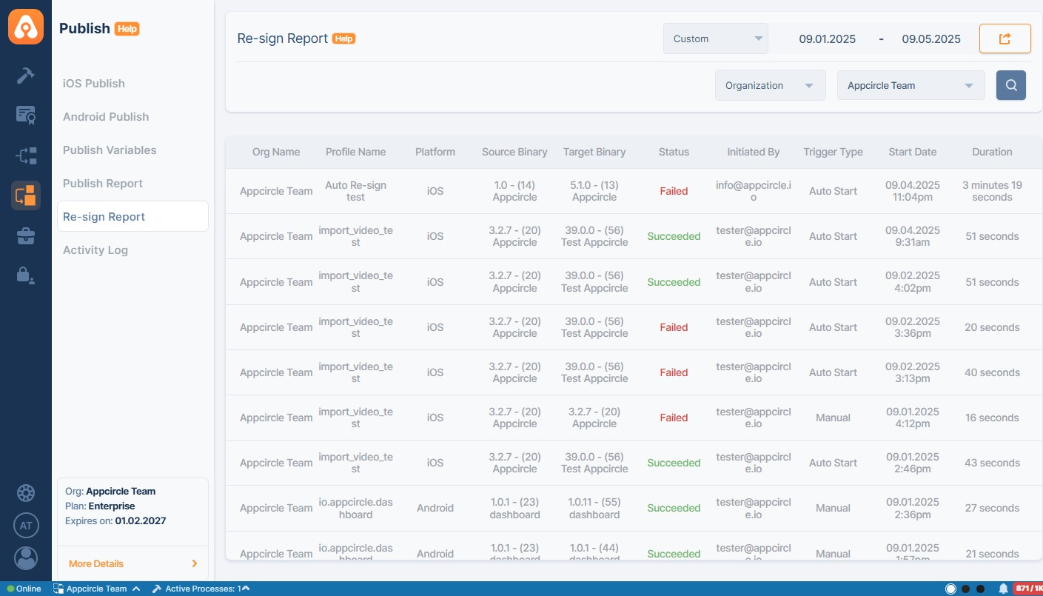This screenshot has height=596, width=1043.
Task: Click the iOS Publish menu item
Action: tap(94, 84)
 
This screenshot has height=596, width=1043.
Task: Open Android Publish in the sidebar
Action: tap(106, 117)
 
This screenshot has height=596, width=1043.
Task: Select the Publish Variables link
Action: tap(110, 150)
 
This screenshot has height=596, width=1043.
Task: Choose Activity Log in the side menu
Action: tap(95, 250)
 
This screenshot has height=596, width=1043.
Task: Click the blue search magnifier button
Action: tap(1010, 85)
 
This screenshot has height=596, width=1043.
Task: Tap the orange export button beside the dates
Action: tap(1005, 39)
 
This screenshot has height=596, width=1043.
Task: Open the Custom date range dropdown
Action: tap(715, 39)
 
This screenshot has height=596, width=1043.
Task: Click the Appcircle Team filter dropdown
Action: tap(910, 85)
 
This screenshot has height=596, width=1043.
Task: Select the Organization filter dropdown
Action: tap(770, 85)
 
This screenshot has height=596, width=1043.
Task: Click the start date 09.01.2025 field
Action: tap(827, 39)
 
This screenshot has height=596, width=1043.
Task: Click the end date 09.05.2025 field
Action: tap(931, 39)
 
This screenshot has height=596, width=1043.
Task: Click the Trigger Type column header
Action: tap(833, 152)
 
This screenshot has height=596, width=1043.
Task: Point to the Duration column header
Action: tap(992, 152)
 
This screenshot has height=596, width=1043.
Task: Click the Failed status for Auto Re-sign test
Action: tap(674, 191)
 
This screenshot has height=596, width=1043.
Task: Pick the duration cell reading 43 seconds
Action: tap(992, 463)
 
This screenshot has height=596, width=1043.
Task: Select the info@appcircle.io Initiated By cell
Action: tap(753, 191)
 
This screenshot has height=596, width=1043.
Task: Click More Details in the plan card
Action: tap(96, 563)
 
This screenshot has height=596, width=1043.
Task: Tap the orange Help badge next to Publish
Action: tap(127, 29)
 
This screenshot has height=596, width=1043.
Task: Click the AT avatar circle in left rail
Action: tap(26, 526)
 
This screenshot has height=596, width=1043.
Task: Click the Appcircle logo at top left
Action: tap(26, 27)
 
